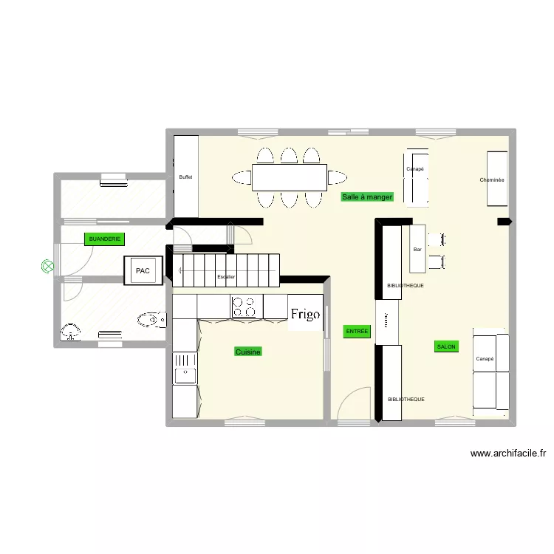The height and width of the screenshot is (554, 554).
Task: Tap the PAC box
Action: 143,270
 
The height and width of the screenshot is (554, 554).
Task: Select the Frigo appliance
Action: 305,314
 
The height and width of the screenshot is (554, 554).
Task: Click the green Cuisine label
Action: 248,352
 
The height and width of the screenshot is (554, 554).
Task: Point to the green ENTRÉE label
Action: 357,332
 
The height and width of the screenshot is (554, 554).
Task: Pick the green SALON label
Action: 446,346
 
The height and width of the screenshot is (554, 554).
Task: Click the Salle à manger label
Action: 367,197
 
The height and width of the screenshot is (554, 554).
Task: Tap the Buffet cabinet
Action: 185,177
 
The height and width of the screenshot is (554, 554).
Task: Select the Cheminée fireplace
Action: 496,179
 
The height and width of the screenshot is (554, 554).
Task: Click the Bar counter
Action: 418,249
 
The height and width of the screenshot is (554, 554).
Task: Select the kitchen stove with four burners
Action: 247,307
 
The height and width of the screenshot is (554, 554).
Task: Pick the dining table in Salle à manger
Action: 290,177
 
